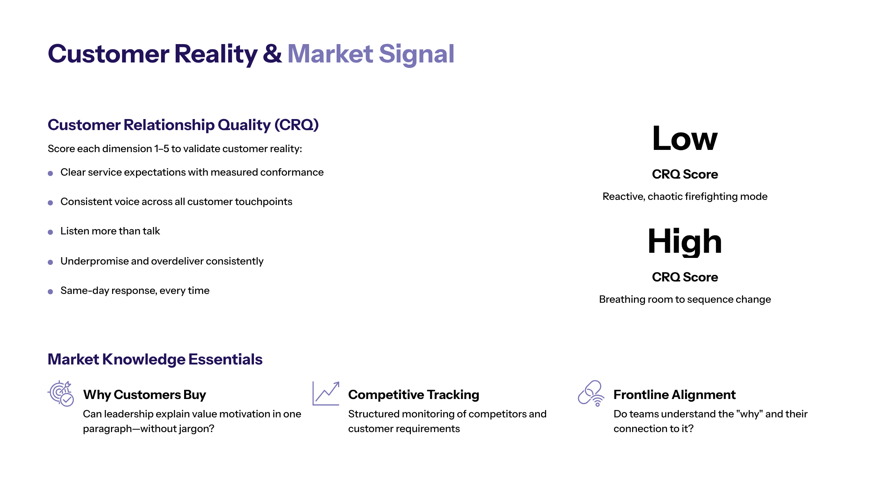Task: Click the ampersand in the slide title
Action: [272, 54]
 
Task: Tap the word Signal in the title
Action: [417, 55]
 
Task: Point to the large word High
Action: [685, 242]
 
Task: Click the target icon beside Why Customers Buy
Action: [61, 393]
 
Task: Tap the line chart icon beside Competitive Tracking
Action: [326, 393]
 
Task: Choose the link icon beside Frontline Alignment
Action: [591, 393]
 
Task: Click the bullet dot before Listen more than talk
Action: [50, 232]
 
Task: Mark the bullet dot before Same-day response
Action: [50, 292]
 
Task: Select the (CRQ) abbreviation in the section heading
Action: [297, 125]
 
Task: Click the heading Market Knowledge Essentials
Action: [155, 359]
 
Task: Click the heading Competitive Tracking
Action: [414, 395]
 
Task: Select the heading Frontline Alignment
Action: [674, 395]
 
